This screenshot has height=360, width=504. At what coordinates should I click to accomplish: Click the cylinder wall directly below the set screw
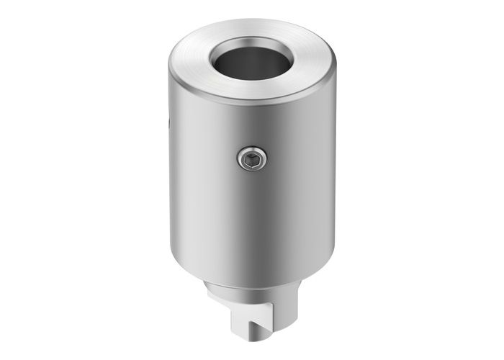tap(252, 216)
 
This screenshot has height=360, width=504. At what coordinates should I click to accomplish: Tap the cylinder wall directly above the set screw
tap(252, 126)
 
